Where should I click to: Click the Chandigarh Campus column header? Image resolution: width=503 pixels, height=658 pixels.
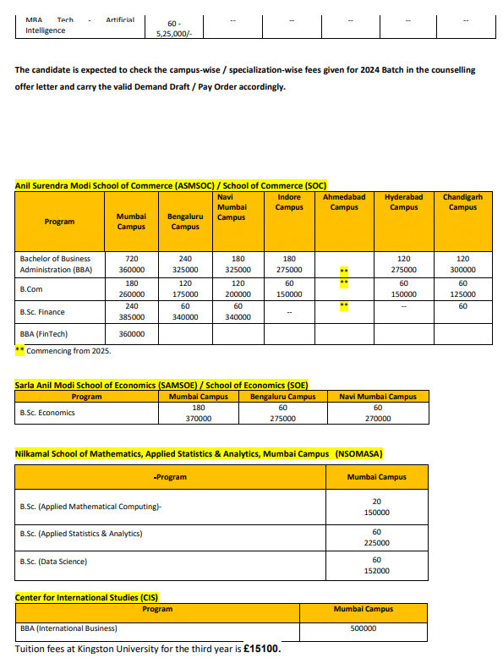462,201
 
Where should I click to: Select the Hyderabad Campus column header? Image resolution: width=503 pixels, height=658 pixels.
404,201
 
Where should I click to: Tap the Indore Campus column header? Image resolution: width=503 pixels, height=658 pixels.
289,201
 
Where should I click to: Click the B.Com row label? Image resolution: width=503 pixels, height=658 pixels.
31,288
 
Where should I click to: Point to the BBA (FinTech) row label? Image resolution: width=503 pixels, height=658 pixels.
44,334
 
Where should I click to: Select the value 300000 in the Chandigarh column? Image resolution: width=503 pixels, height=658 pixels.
462,270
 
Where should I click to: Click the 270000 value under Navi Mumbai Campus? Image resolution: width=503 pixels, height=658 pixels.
378,418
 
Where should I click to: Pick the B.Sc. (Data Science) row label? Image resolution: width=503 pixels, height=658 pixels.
53,561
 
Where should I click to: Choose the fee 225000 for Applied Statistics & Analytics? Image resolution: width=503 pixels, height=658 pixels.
376,544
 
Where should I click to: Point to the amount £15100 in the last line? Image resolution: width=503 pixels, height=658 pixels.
260,649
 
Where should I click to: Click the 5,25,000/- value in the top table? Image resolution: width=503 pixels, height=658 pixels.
175,35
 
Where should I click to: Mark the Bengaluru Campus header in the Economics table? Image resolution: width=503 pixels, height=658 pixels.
283,397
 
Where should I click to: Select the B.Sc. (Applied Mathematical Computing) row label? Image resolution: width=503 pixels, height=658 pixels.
90,507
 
